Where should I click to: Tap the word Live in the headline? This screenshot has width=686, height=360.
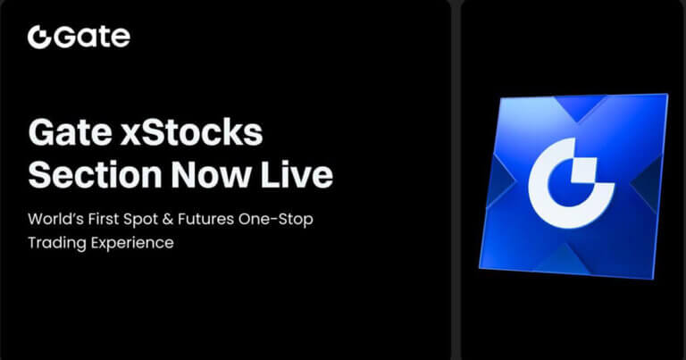[302, 175]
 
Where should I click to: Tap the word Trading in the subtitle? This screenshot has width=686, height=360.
[58, 242]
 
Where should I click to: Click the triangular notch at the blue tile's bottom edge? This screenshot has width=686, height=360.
[569, 260]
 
